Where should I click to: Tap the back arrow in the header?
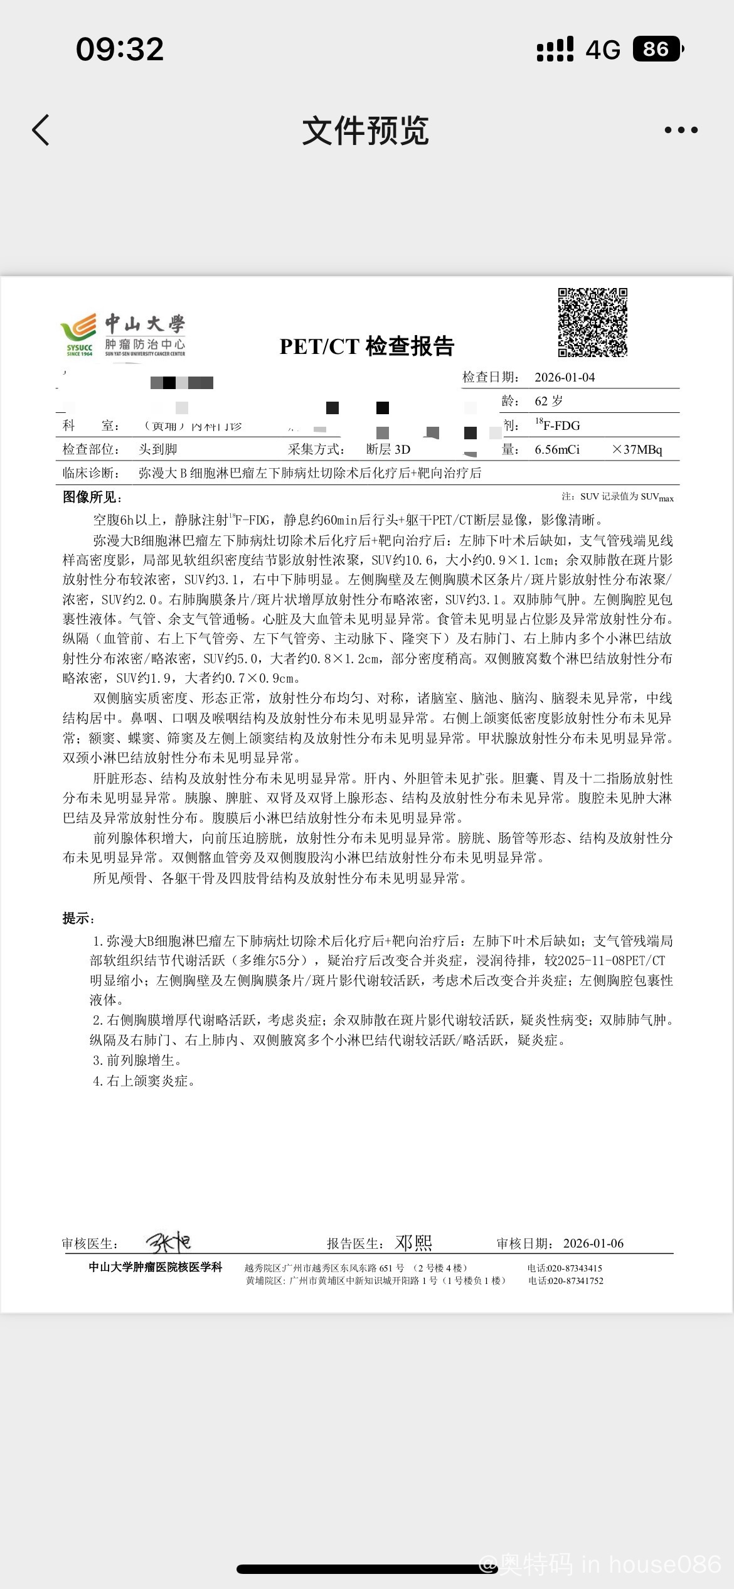point(41,130)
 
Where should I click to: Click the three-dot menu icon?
point(681,130)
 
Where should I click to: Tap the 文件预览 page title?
point(366,131)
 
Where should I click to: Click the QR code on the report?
point(592,322)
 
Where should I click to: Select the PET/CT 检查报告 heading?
point(367,346)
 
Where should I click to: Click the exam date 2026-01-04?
point(565,377)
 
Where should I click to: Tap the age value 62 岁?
point(549,401)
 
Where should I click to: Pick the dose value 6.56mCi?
point(557,449)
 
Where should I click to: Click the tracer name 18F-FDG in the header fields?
point(558,425)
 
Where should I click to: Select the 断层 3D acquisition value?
point(388,449)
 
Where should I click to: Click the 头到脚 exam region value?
point(158,449)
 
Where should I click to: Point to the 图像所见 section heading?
point(92,497)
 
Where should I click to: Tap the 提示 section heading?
point(78,918)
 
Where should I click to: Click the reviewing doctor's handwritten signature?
point(168,1242)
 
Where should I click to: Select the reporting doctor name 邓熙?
point(413,1243)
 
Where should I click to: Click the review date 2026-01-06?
point(593,1243)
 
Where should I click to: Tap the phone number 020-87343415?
point(574,1268)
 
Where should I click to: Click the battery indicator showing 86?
point(657,49)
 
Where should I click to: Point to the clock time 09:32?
point(120,49)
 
